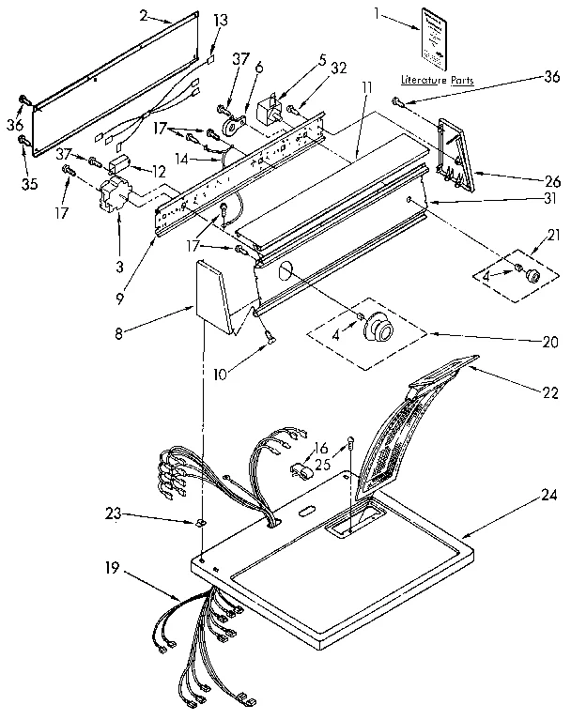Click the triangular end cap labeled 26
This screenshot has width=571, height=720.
[455, 147]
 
